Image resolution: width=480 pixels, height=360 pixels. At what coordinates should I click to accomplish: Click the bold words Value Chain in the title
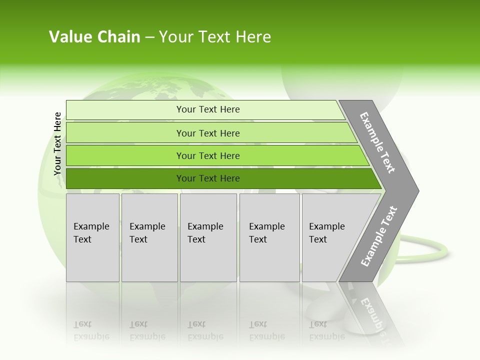pyautogui.click(x=94, y=37)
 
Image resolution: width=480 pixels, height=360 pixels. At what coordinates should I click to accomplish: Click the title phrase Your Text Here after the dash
pyautogui.click(x=215, y=37)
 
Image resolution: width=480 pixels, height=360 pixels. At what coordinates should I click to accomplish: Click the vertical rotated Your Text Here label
pyautogui.click(x=57, y=144)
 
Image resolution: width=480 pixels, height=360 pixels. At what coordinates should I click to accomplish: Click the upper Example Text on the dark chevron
pyautogui.click(x=377, y=142)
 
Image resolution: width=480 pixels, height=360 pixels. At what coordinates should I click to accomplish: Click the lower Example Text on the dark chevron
pyautogui.click(x=379, y=236)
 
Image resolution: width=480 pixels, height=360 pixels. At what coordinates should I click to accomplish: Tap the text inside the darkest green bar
pyautogui.click(x=208, y=178)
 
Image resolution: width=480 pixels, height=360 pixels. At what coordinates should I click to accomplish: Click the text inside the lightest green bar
pyautogui.click(x=208, y=109)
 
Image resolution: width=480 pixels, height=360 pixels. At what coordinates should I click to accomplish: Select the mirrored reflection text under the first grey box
pyautogui.click(x=91, y=331)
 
